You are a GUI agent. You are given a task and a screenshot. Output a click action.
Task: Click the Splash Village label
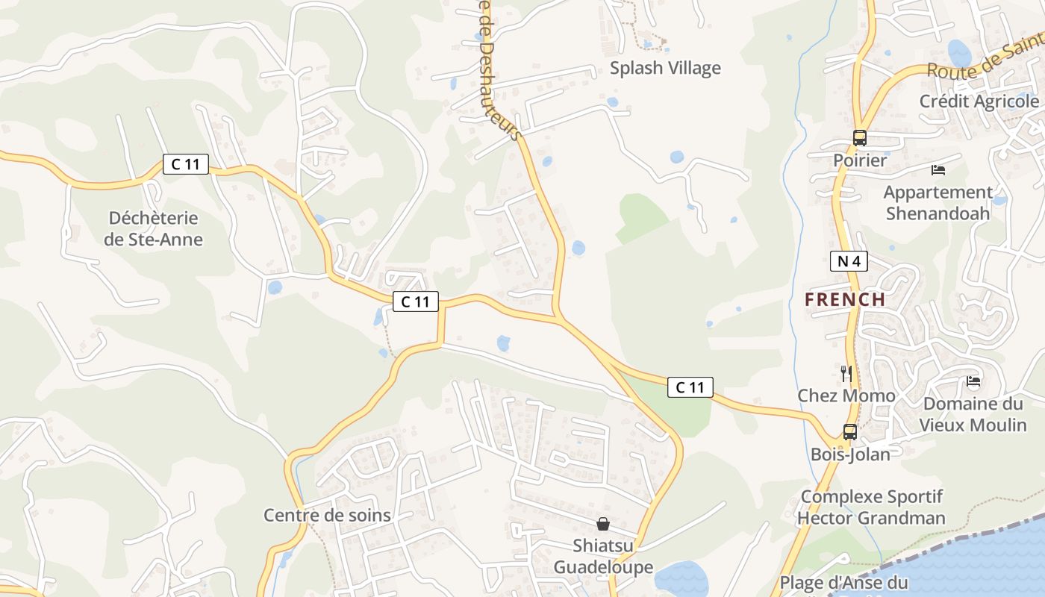click(x=665, y=68)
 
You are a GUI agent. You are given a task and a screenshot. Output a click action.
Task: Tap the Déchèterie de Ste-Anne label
click(x=153, y=229)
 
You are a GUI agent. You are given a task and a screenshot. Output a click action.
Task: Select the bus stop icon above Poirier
click(x=860, y=138)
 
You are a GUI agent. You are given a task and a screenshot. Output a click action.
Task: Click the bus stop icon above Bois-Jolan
click(x=849, y=431)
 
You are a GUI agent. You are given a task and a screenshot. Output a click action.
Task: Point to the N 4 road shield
click(x=849, y=261)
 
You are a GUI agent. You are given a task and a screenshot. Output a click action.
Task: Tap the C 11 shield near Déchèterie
click(x=186, y=164)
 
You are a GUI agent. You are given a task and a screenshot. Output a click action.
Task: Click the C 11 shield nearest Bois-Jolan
click(x=690, y=387)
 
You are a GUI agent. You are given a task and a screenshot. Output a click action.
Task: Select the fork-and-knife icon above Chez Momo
click(x=846, y=373)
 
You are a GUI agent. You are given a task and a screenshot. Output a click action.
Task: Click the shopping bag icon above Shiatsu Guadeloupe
click(x=603, y=524)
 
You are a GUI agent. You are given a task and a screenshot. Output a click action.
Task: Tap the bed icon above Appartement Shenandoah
click(x=938, y=170)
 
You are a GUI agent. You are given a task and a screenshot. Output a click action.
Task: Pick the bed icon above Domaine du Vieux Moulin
click(x=973, y=381)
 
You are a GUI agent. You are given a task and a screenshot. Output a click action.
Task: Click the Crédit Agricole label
click(x=979, y=101)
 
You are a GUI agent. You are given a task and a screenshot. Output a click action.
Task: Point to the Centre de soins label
click(x=327, y=515)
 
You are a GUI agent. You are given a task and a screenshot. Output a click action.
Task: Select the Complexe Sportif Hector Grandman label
click(x=872, y=507)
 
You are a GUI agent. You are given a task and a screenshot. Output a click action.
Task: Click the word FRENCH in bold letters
click(x=845, y=300)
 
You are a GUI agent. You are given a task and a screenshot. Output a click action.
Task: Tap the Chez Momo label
click(x=846, y=396)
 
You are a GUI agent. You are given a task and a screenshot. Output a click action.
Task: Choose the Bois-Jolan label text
click(x=850, y=454)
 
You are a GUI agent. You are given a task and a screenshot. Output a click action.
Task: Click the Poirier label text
click(x=860, y=160)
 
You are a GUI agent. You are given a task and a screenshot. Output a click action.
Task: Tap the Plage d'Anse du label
click(x=843, y=583)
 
